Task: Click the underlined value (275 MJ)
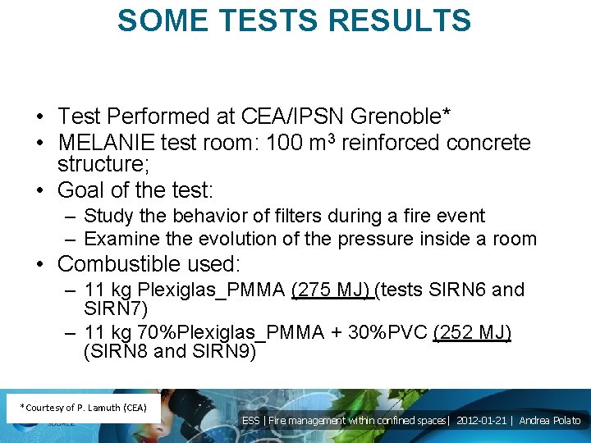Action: (x=332, y=290)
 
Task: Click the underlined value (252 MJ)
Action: (x=472, y=332)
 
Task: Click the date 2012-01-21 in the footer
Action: (x=483, y=421)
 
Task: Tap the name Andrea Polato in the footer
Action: (x=552, y=421)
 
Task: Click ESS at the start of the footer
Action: (x=250, y=421)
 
